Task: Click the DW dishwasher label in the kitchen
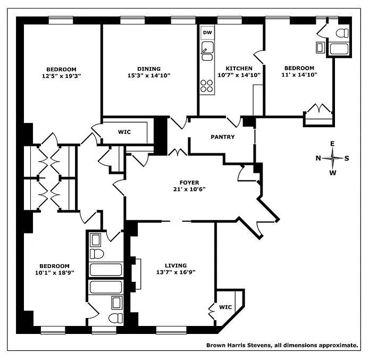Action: (207, 33)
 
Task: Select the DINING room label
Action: (149, 69)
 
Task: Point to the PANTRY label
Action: (222, 137)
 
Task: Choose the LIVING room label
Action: (175, 265)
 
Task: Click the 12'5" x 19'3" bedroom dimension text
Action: (61, 76)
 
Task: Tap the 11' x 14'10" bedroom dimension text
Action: (300, 74)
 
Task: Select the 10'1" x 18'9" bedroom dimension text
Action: (54, 272)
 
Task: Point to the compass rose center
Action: (333, 158)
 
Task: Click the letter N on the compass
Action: (318, 158)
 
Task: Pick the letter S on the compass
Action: (347, 158)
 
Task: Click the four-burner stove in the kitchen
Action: (206, 86)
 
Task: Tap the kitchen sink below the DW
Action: (207, 53)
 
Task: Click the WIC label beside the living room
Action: (225, 307)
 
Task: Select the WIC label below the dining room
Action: (124, 132)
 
